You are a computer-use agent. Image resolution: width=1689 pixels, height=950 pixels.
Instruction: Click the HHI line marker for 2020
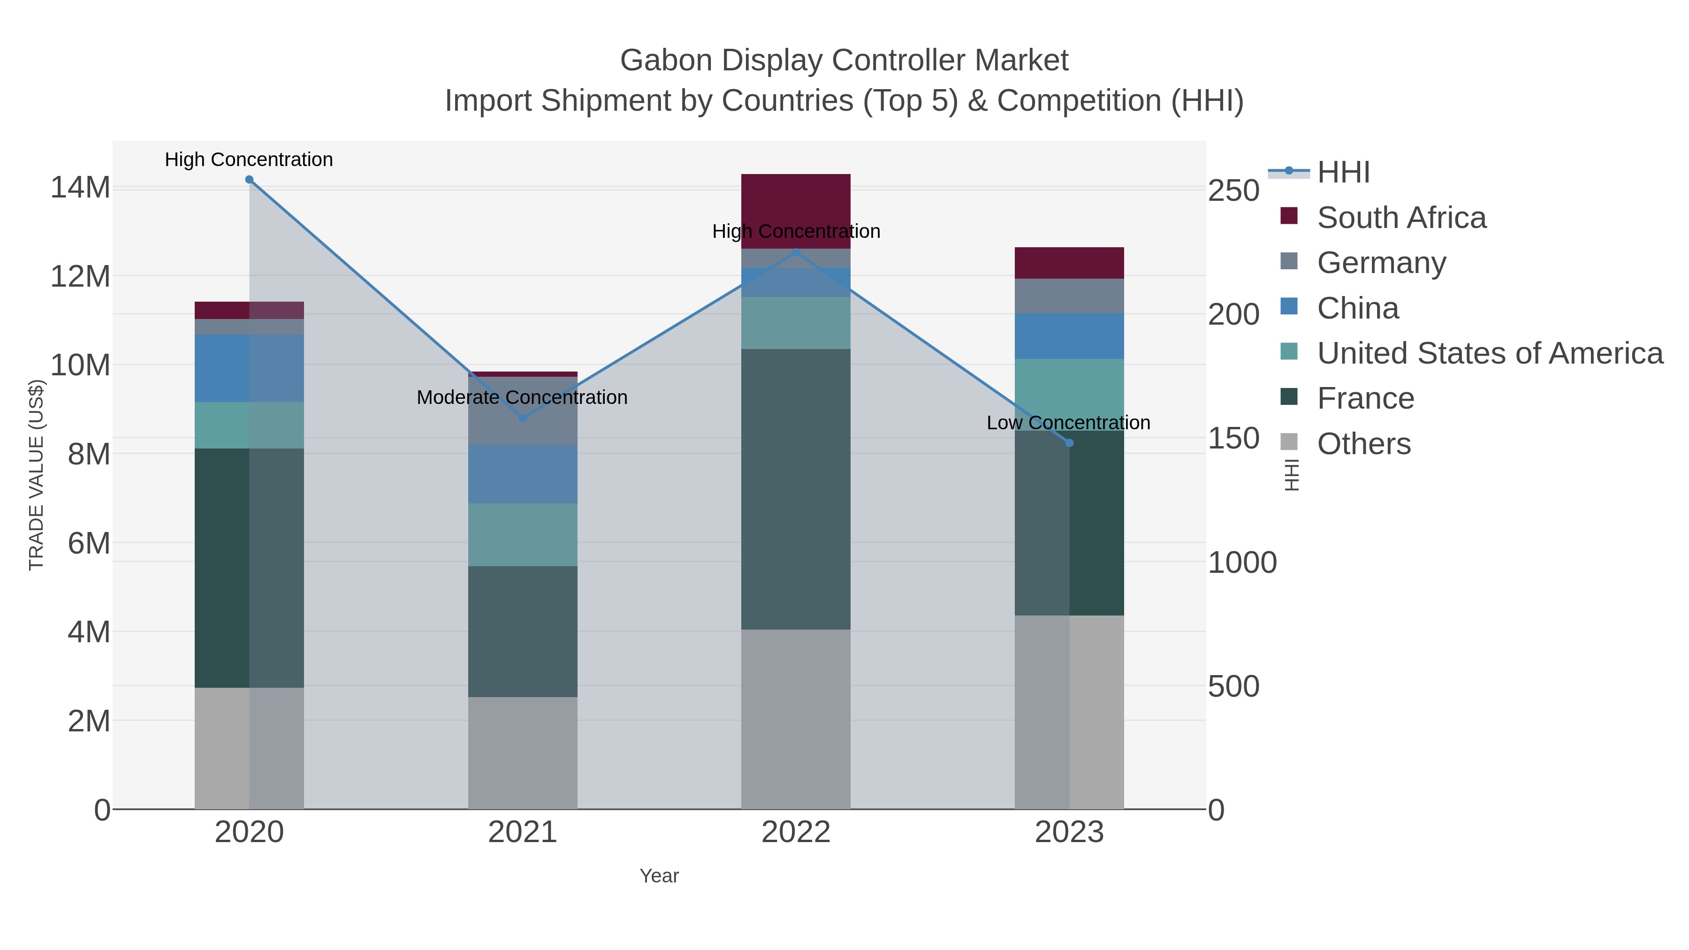pos(249,180)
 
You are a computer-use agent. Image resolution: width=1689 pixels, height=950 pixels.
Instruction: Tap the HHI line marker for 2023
pos(1069,443)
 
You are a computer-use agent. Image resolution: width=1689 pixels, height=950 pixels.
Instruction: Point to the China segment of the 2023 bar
pos(1069,336)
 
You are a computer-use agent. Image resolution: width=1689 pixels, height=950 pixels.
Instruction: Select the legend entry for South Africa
pos(1400,218)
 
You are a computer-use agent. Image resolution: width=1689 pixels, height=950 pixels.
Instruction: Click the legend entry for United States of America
pos(1488,353)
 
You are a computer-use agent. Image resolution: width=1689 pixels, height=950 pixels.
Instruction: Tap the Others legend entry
pos(1363,444)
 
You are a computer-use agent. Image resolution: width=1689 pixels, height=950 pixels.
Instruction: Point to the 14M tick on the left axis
pos(80,188)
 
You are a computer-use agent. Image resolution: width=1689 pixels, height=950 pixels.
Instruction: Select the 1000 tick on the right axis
pos(1242,562)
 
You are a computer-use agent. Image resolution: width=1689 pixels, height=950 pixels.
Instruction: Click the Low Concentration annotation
pos(1068,423)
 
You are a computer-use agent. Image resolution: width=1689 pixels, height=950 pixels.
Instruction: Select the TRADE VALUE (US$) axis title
pos(36,475)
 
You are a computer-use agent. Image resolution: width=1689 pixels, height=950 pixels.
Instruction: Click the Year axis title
pos(659,876)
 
